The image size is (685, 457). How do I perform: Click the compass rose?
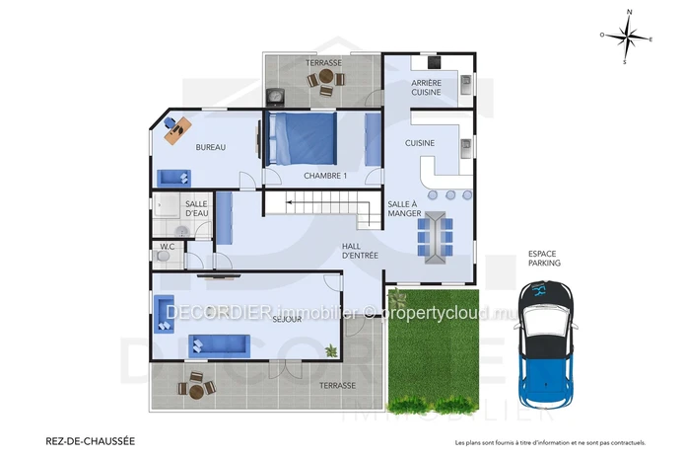[627, 37]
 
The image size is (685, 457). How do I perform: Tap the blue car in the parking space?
[545, 345]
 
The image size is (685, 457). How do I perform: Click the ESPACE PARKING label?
[544, 259]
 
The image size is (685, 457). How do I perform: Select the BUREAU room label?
[211, 147]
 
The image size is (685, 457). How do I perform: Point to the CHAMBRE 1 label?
[325, 176]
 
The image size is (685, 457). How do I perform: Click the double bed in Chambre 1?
[303, 138]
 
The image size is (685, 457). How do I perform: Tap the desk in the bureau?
[177, 130]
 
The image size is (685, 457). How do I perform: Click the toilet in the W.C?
[163, 257]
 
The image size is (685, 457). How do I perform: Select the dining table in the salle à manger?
[435, 238]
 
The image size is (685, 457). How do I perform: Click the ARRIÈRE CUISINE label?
[427, 88]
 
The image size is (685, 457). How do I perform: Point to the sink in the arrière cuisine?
[466, 84]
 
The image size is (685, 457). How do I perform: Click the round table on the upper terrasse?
[326, 77]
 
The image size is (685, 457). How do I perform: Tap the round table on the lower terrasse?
[197, 392]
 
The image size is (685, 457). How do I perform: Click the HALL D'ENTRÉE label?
[360, 251]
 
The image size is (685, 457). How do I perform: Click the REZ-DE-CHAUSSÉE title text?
[91, 441]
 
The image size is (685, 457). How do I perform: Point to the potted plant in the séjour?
[331, 350]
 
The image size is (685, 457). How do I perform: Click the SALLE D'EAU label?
[196, 208]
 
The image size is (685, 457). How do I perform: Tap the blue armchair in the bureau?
[173, 178]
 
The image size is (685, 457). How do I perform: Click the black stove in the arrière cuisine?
[435, 62]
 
